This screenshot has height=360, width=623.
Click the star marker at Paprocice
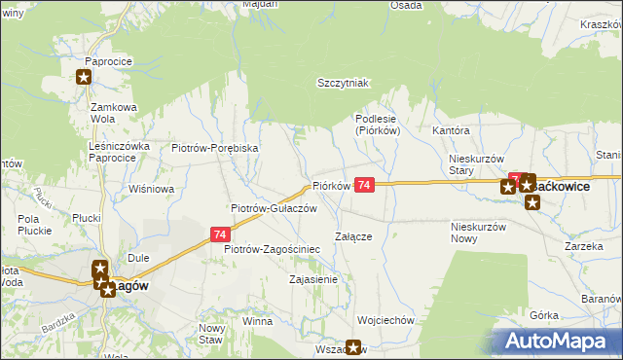pos(85,78)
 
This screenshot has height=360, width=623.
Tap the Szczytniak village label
pos(345,84)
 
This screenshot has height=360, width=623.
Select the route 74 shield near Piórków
pos(364,185)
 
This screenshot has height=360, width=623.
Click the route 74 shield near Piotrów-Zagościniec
pos(221,234)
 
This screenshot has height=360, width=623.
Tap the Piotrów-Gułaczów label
pos(274,208)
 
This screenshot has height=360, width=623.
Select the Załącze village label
pos(353,236)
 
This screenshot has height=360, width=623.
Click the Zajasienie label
pos(313,280)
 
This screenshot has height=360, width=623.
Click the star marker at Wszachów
pos(353,346)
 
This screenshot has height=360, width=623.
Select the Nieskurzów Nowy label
pos(480,233)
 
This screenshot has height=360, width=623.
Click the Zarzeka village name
pos(583,247)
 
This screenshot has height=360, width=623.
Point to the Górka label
pos(544,316)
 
